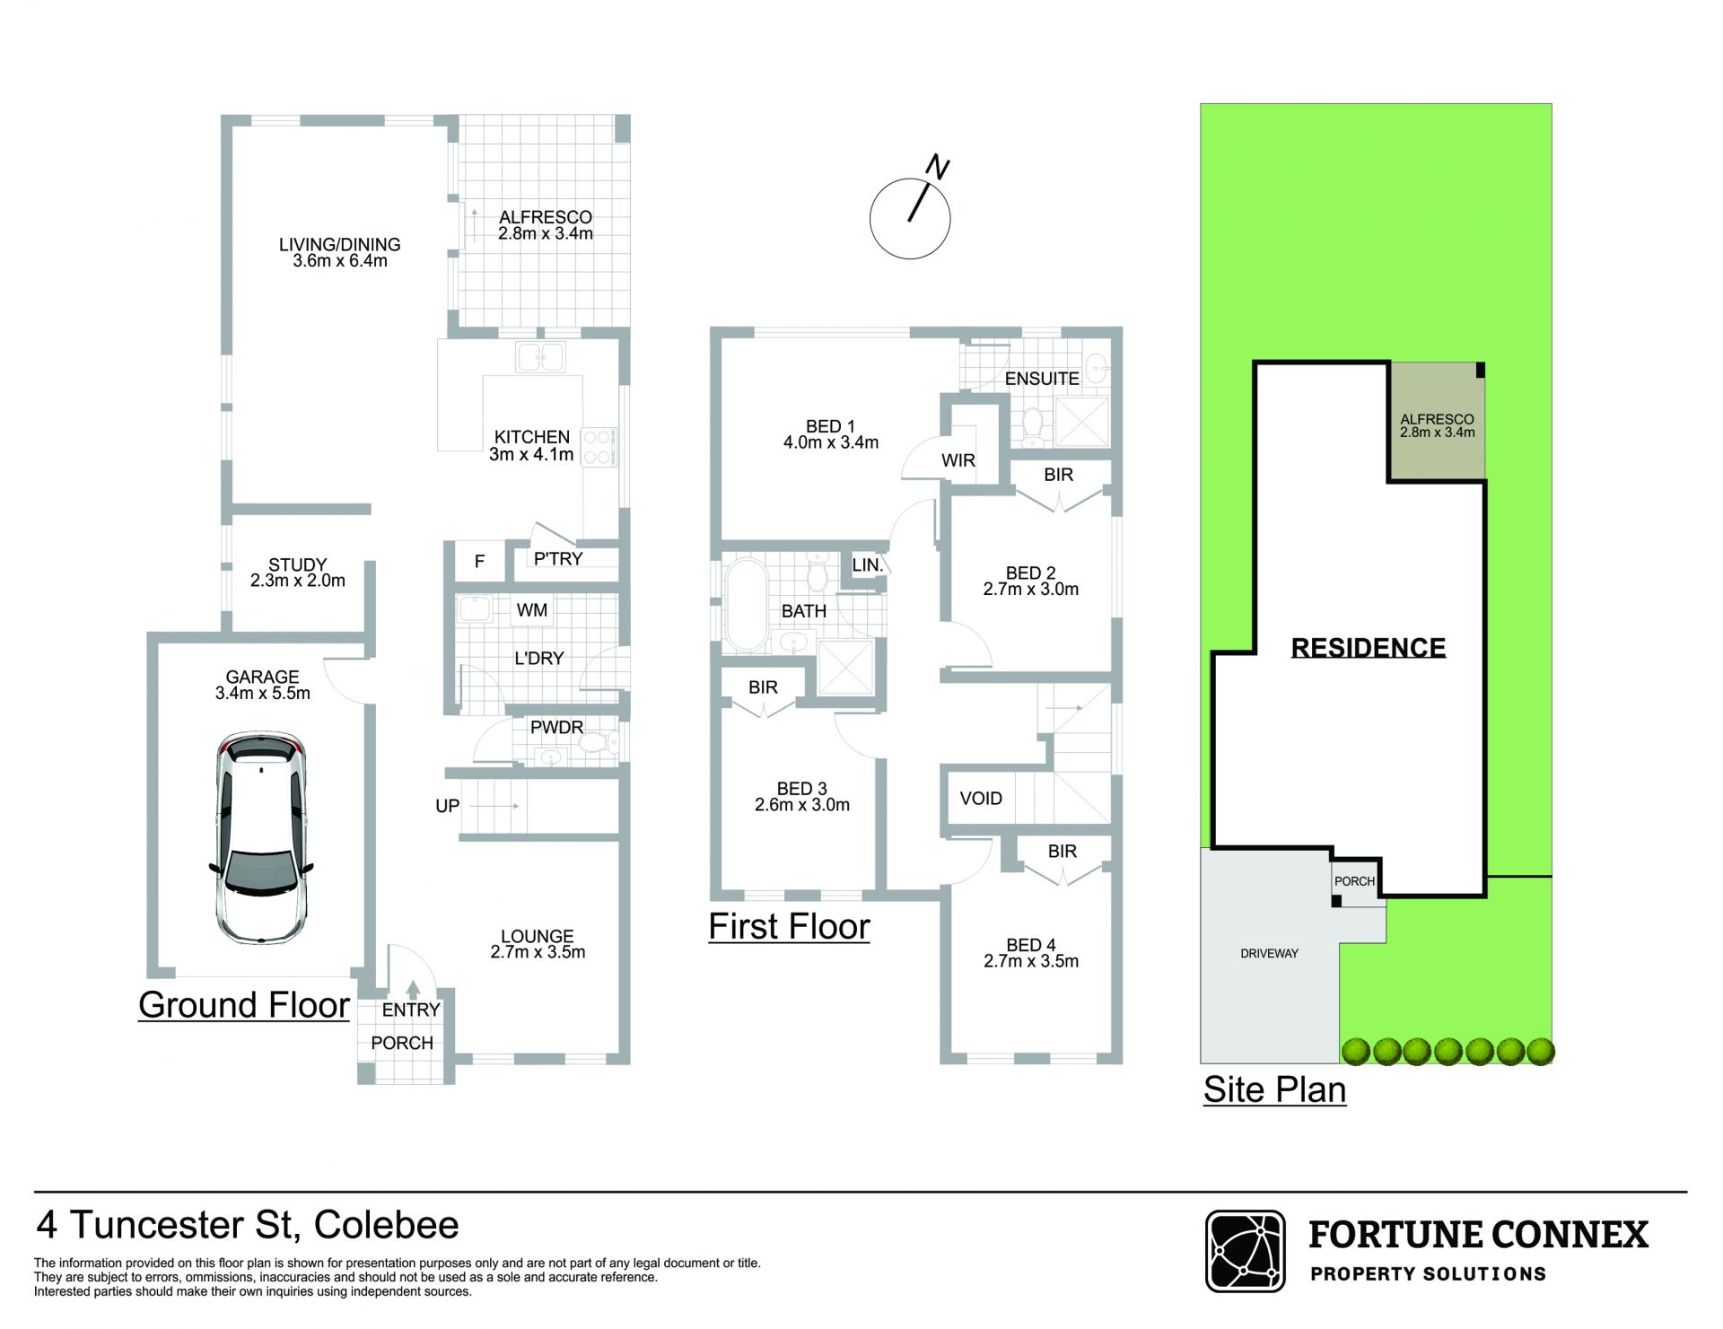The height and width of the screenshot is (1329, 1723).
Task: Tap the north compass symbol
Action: (x=911, y=214)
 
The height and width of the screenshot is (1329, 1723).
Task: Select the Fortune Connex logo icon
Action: (x=1245, y=1251)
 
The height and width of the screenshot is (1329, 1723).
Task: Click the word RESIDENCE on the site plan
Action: (x=1368, y=647)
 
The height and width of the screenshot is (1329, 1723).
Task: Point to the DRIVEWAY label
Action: (x=1269, y=953)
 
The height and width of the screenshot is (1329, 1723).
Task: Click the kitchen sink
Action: (x=540, y=357)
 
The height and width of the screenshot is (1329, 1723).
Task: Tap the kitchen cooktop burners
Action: (x=598, y=448)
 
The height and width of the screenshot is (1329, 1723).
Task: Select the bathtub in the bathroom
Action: (x=744, y=605)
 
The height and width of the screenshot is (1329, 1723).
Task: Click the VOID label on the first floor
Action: (x=981, y=798)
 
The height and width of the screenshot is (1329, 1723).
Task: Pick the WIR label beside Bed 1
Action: (x=958, y=460)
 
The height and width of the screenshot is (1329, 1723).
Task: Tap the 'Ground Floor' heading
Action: (x=244, y=1005)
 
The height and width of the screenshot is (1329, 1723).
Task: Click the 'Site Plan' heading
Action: (x=1274, y=1089)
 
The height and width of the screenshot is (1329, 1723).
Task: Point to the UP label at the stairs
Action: (x=447, y=806)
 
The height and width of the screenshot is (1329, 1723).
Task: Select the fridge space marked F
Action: (x=479, y=562)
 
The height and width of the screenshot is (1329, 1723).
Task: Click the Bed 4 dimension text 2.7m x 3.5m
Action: (x=1031, y=961)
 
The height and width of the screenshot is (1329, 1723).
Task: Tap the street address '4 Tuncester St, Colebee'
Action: (x=248, y=1225)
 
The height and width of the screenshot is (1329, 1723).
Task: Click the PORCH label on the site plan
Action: (x=1354, y=881)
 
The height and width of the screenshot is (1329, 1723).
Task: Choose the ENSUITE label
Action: (x=1041, y=379)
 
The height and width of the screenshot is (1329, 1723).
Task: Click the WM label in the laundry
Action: (x=531, y=610)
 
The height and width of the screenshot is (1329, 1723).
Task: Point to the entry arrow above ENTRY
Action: (x=412, y=989)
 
